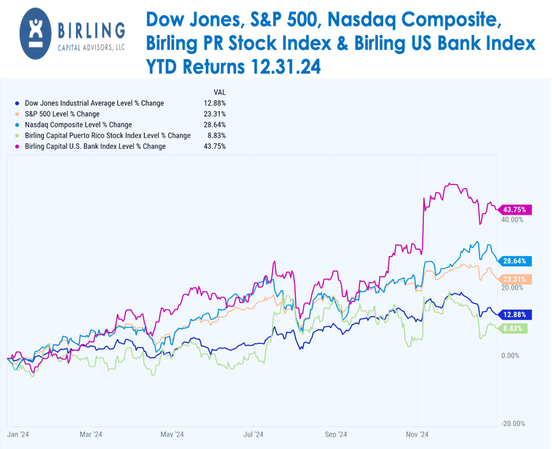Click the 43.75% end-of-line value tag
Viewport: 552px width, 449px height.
click(x=514, y=210)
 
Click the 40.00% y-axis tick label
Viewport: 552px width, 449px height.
click(x=512, y=220)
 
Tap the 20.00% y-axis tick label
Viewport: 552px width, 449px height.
click(x=512, y=288)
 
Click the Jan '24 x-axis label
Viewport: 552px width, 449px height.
click(x=17, y=435)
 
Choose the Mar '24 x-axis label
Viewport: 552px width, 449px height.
click(x=90, y=435)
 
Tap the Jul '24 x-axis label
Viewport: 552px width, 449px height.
click(x=253, y=435)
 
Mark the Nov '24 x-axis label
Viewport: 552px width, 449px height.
click(x=417, y=435)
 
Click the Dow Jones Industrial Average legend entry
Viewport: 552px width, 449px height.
click(x=94, y=103)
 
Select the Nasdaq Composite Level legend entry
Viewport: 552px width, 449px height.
click(x=78, y=124)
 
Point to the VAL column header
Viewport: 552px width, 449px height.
click(x=220, y=92)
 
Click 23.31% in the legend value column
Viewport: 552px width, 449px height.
click(x=215, y=114)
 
